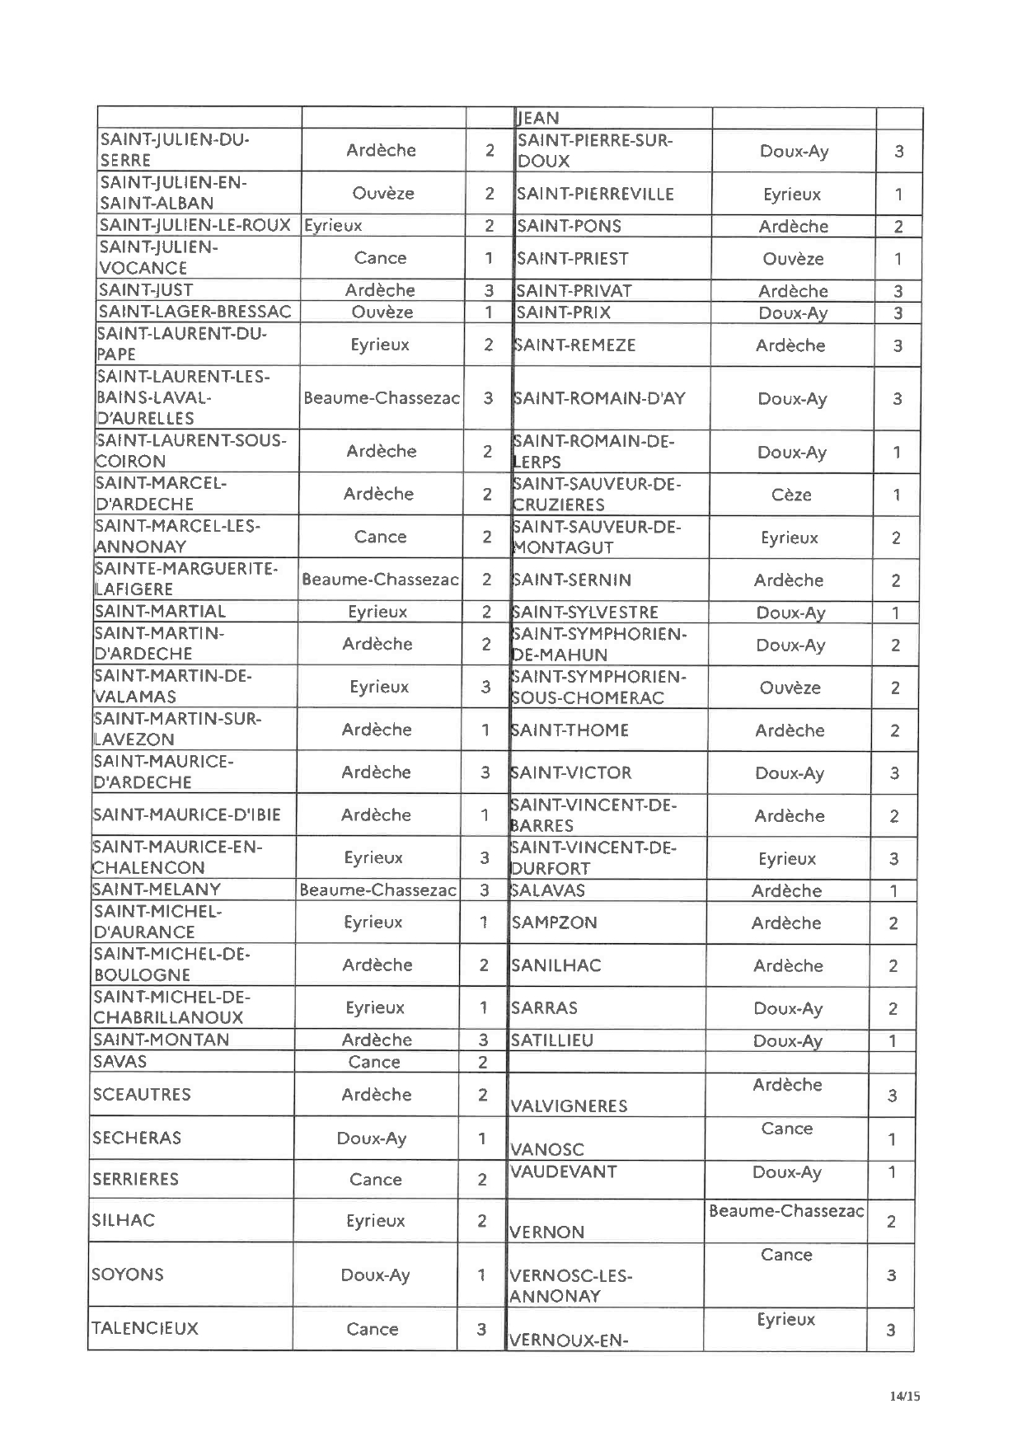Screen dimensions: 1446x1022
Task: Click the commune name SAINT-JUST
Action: click(146, 290)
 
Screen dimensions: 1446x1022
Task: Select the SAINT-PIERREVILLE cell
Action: click(595, 195)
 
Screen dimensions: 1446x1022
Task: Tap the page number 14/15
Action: click(904, 1396)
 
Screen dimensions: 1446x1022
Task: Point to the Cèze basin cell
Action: click(791, 495)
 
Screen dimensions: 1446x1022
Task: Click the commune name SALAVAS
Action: click(548, 890)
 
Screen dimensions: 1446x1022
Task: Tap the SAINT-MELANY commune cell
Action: click(157, 890)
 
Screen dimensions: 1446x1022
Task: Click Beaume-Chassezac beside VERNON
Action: click(786, 1211)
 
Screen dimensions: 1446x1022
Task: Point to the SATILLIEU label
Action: click(551, 1040)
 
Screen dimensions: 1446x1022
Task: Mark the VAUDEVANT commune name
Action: click(563, 1171)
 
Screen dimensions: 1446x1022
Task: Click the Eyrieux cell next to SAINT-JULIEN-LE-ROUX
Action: click(333, 225)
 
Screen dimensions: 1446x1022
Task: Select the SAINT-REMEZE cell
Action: click(574, 345)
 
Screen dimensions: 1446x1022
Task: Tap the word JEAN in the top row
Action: click(537, 119)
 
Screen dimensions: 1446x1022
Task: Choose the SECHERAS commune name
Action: click(137, 1138)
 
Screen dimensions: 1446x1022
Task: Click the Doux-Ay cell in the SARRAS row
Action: click(788, 1008)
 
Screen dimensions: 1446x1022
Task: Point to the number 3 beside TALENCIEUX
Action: click(481, 1329)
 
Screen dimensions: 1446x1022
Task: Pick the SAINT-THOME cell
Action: click(570, 730)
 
